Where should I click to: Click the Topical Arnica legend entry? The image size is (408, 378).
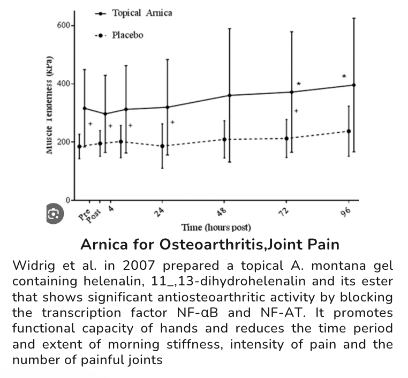coord(141,13)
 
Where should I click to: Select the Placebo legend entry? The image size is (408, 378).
coord(127,35)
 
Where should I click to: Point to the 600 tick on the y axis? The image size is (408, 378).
coord(63,26)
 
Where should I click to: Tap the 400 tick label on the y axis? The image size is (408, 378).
coord(63,84)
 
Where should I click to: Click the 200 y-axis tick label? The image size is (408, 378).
coord(63,142)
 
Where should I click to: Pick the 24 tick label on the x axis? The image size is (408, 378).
coord(159,211)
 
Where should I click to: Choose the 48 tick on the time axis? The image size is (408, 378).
coord(222,210)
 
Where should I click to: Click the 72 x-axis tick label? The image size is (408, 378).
coord(284,210)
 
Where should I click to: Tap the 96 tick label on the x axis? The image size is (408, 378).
coord(345,211)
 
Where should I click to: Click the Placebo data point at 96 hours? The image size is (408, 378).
coord(349,131)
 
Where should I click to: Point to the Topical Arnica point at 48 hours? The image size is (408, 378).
coord(230,95)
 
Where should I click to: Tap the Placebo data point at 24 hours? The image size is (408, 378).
coord(162,146)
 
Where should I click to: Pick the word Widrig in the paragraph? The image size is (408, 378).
coord(34,266)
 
